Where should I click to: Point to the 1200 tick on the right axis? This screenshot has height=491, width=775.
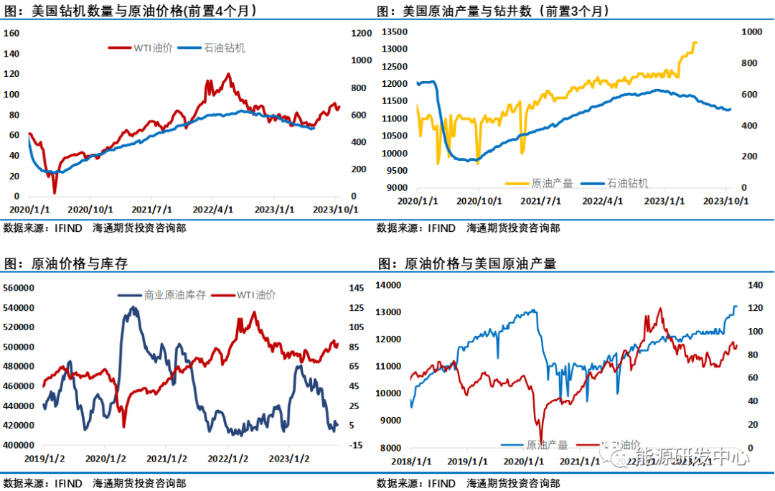(361, 33)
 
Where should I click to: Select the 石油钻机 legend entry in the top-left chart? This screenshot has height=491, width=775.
(224, 48)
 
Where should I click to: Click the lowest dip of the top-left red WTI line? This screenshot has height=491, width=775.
(54, 192)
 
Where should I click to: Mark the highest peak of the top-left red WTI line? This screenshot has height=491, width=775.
(228, 74)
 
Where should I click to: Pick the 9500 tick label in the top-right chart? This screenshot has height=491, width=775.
(397, 171)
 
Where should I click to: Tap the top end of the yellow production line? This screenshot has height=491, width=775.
(695, 42)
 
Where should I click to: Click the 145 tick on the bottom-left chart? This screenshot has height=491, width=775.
(357, 288)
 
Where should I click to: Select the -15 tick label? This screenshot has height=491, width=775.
(357, 445)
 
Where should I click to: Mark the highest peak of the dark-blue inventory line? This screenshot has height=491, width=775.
(133, 307)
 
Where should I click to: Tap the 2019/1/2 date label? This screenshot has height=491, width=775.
(44, 458)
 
